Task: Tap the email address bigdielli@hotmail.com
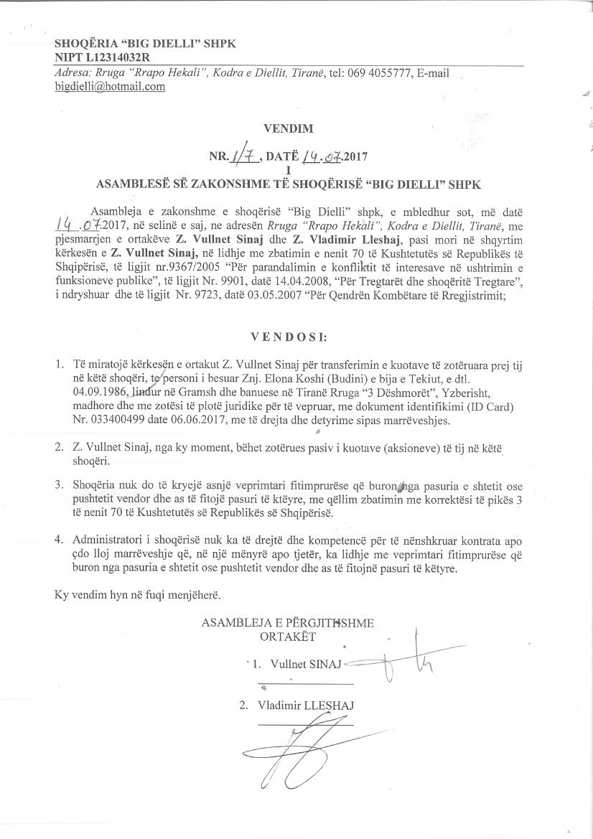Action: point(110,86)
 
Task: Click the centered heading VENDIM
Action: point(289,129)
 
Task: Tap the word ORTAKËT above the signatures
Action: point(287,635)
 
